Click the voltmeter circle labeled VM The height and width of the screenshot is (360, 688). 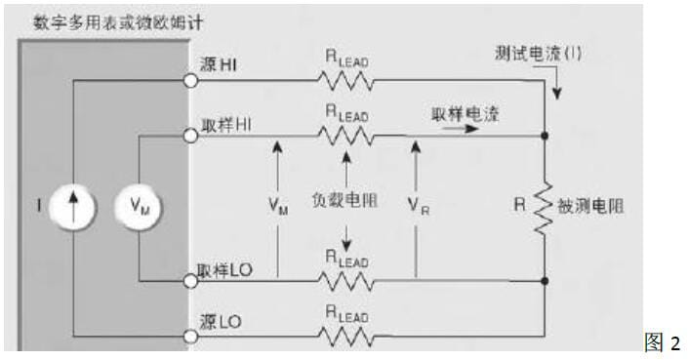pyautogui.click(x=141, y=207)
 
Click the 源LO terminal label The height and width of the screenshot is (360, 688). pyautogui.click(x=220, y=320)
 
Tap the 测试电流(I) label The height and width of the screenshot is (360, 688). pyautogui.click(x=538, y=54)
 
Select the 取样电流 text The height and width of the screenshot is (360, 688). pyautogui.click(x=465, y=114)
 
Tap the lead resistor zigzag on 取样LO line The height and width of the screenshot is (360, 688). pyautogui.click(x=347, y=281)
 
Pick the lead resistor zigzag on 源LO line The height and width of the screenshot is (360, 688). pyautogui.click(x=347, y=337)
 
